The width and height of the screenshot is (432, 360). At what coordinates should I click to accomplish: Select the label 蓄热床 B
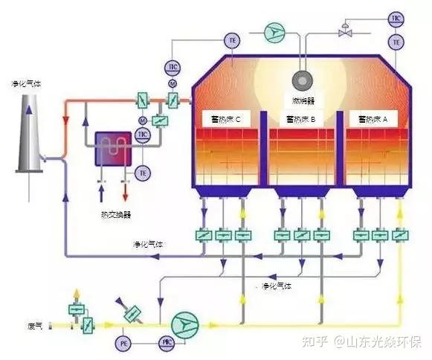point(301,118)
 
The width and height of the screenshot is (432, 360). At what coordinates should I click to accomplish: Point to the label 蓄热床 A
point(373,118)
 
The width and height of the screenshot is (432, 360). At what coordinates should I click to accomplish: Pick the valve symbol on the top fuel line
point(345,32)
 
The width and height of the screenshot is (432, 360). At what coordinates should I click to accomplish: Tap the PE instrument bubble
point(123,344)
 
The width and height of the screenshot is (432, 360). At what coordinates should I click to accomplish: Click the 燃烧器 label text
point(302,99)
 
